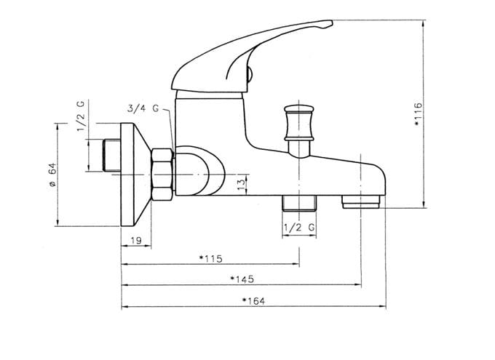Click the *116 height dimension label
pyautogui.click(x=418, y=114)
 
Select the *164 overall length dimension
pyautogui.click(x=253, y=301)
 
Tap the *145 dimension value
pyautogui.click(x=242, y=279)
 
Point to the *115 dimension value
pyautogui.click(x=211, y=259)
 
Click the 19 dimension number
pyautogui.click(x=136, y=241)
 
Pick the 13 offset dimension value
pyautogui.click(x=241, y=185)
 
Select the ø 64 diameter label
pyautogui.click(x=52, y=175)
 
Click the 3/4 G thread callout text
pyautogui.click(x=143, y=108)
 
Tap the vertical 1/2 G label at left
pyautogui.click(x=81, y=116)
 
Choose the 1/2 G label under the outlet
pyautogui.click(x=299, y=228)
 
